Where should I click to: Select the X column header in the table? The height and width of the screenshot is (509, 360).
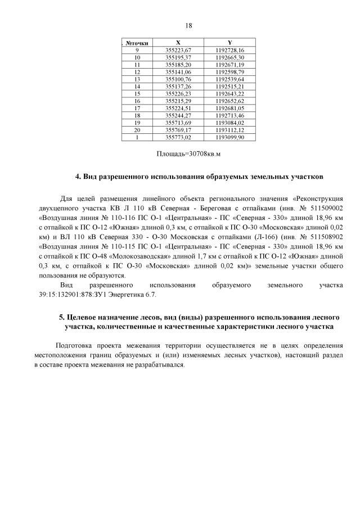click(178, 43)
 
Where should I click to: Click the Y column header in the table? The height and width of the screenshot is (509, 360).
click(229, 43)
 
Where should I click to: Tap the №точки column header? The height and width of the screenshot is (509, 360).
click(137, 43)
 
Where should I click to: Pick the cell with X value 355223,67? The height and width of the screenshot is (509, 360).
click(178, 50)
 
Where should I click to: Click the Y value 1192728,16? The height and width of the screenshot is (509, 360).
click(229, 50)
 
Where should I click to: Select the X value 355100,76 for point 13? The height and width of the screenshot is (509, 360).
click(178, 79)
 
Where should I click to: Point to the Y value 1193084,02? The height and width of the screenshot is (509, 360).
click(229, 123)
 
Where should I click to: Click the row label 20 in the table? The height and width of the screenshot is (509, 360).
click(137, 130)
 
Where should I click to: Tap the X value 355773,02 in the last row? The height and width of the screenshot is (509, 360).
click(178, 137)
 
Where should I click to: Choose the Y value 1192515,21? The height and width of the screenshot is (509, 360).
click(229, 87)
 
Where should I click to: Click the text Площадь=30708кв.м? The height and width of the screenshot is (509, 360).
click(188, 153)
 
